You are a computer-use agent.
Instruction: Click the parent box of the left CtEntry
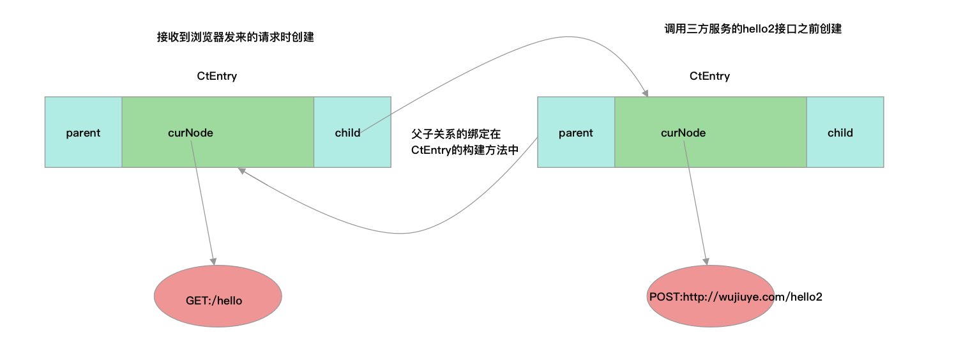tap(83, 132)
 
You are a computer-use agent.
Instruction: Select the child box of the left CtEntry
tap(352, 132)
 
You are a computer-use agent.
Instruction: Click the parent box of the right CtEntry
tap(576, 132)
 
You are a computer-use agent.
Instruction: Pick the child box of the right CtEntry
tap(845, 132)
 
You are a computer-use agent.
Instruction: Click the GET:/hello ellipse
tap(218, 296)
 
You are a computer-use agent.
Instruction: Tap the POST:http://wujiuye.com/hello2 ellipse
tap(710, 296)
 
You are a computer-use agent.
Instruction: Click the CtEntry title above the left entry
tap(216, 76)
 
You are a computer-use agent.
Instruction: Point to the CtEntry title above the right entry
tap(709, 76)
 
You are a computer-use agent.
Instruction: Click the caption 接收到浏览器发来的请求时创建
tap(235, 37)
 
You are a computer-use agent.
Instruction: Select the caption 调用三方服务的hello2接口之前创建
tap(753, 29)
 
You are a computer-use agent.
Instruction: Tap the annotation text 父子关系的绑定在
tap(456, 135)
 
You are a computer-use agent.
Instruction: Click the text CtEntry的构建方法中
tap(464, 149)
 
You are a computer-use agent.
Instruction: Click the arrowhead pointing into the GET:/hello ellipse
tap(213, 261)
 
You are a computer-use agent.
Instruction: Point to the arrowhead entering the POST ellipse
tap(706, 261)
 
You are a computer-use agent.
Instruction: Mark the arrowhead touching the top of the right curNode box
tap(645, 93)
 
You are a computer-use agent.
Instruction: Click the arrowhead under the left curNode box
tap(241, 171)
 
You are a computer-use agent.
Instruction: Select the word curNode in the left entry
tap(190, 133)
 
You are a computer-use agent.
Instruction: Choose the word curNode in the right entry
tap(683, 133)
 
